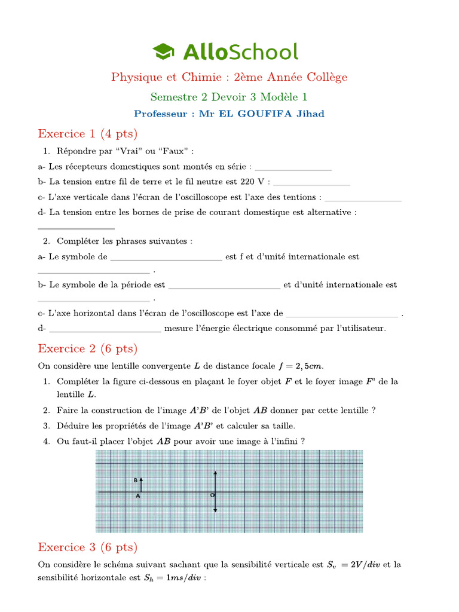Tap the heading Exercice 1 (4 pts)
pos(87,133)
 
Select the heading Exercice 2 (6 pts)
pos(87,348)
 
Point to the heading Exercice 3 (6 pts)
pos(87,547)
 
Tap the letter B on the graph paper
pos(136,480)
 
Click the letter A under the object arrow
pos(138,496)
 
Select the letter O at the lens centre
pos(212,495)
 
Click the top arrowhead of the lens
pos(215,473)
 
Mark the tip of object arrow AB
pos(141,479)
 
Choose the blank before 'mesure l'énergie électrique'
pos(105,328)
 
